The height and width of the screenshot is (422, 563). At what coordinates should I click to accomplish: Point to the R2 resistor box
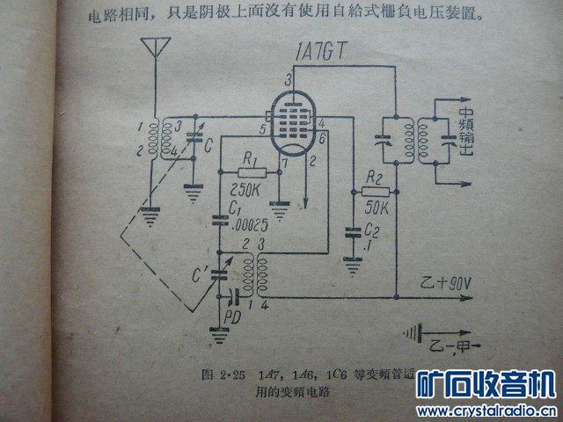pyautogui.click(x=376, y=190)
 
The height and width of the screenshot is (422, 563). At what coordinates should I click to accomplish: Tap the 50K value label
pyautogui.click(x=377, y=210)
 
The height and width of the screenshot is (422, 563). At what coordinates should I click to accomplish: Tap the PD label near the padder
pyautogui.click(x=234, y=314)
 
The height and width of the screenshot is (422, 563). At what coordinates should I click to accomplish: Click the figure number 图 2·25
pyautogui.click(x=217, y=375)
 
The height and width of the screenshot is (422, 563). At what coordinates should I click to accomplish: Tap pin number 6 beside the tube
pyautogui.click(x=324, y=139)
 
